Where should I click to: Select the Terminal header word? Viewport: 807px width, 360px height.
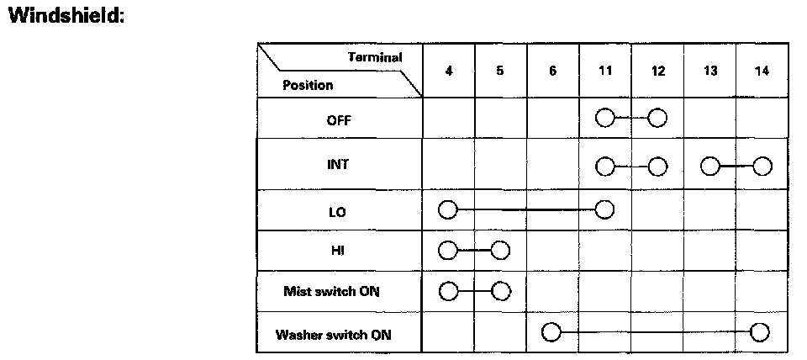pyautogui.click(x=375, y=57)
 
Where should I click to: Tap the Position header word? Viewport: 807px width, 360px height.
pyautogui.click(x=308, y=85)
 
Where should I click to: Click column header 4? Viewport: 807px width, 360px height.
pyautogui.click(x=449, y=71)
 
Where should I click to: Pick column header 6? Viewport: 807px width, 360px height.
pyautogui.click(x=552, y=71)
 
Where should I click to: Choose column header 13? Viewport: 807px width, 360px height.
pyautogui.click(x=710, y=71)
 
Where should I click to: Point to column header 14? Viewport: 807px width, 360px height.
pyautogui.click(x=762, y=71)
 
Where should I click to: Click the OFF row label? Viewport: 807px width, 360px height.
pyautogui.click(x=339, y=119)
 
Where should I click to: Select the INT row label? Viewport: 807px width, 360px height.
pyautogui.click(x=339, y=165)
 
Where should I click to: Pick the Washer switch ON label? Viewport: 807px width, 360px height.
pyautogui.click(x=334, y=335)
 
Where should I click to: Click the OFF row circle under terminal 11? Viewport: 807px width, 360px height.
pyautogui.click(x=604, y=118)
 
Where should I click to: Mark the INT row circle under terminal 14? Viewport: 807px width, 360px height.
pyautogui.click(x=762, y=165)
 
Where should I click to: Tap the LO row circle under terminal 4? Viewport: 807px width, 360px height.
pyautogui.click(x=448, y=209)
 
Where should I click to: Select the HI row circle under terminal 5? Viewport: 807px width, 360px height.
pyautogui.click(x=501, y=251)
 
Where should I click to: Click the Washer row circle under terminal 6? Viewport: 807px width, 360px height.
pyautogui.click(x=551, y=332)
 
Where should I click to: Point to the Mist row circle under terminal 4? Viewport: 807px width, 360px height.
pyautogui.click(x=448, y=291)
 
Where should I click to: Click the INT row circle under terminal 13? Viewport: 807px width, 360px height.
pyautogui.click(x=710, y=165)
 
